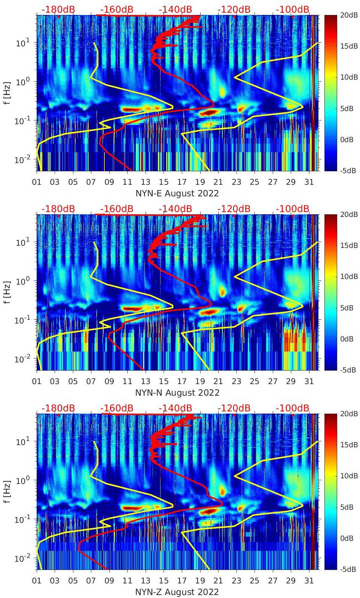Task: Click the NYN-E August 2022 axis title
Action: (x=177, y=193)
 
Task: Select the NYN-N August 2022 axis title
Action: (x=177, y=393)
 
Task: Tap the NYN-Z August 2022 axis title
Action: (x=177, y=592)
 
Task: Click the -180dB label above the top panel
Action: (x=58, y=9)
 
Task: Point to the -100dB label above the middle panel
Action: (x=292, y=209)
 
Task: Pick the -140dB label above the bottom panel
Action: (x=175, y=408)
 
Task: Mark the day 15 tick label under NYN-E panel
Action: (x=164, y=182)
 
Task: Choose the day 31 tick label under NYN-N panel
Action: (x=309, y=381)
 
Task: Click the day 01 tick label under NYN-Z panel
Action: (x=37, y=581)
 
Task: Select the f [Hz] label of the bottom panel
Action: (x=7, y=491)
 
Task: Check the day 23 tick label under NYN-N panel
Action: (x=236, y=381)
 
